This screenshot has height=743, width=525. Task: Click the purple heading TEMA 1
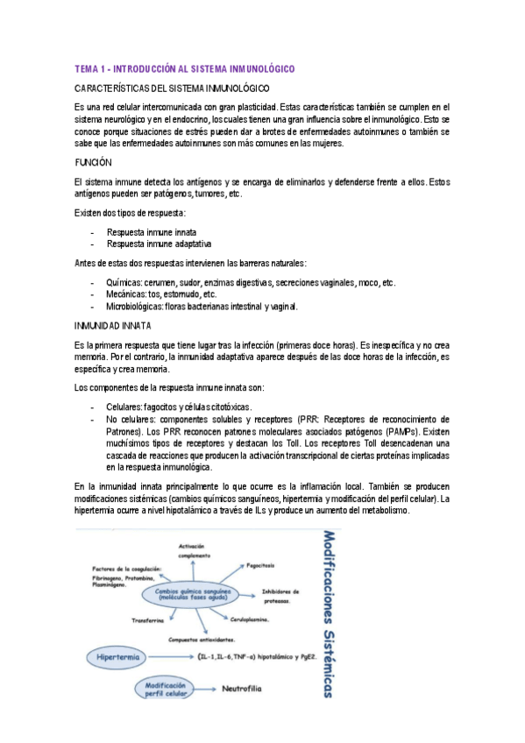point(184,68)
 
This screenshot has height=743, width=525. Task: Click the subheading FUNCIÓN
point(94,163)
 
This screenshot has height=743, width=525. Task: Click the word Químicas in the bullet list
point(125,283)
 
